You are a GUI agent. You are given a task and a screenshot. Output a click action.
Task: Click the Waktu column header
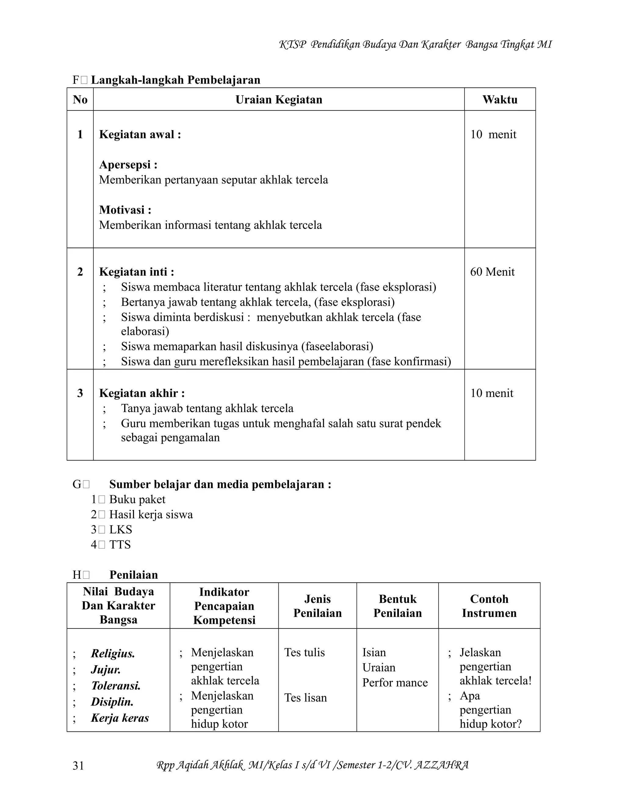click(x=500, y=99)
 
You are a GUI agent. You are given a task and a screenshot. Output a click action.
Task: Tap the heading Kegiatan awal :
click(x=140, y=134)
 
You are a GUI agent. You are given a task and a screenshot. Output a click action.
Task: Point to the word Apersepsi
click(x=125, y=165)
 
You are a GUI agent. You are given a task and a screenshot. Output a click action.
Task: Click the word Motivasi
click(x=122, y=210)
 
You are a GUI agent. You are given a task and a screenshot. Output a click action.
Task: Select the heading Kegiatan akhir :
click(x=142, y=393)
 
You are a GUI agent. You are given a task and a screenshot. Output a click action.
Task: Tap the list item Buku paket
click(x=137, y=499)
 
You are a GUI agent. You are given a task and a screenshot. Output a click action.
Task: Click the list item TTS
click(x=120, y=545)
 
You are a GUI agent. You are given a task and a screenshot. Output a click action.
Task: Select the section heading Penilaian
click(x=134, y=574)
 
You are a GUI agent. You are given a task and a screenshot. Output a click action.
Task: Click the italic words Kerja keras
click(x=120, y=718)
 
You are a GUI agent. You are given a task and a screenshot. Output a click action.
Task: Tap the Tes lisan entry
click(x=305, y=698)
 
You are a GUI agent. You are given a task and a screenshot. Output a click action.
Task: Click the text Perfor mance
click(x=395, y=683)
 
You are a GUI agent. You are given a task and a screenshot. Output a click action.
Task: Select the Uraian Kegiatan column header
click(x=279, y=99)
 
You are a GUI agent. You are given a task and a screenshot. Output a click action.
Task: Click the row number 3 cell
click(x=80, y=393)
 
